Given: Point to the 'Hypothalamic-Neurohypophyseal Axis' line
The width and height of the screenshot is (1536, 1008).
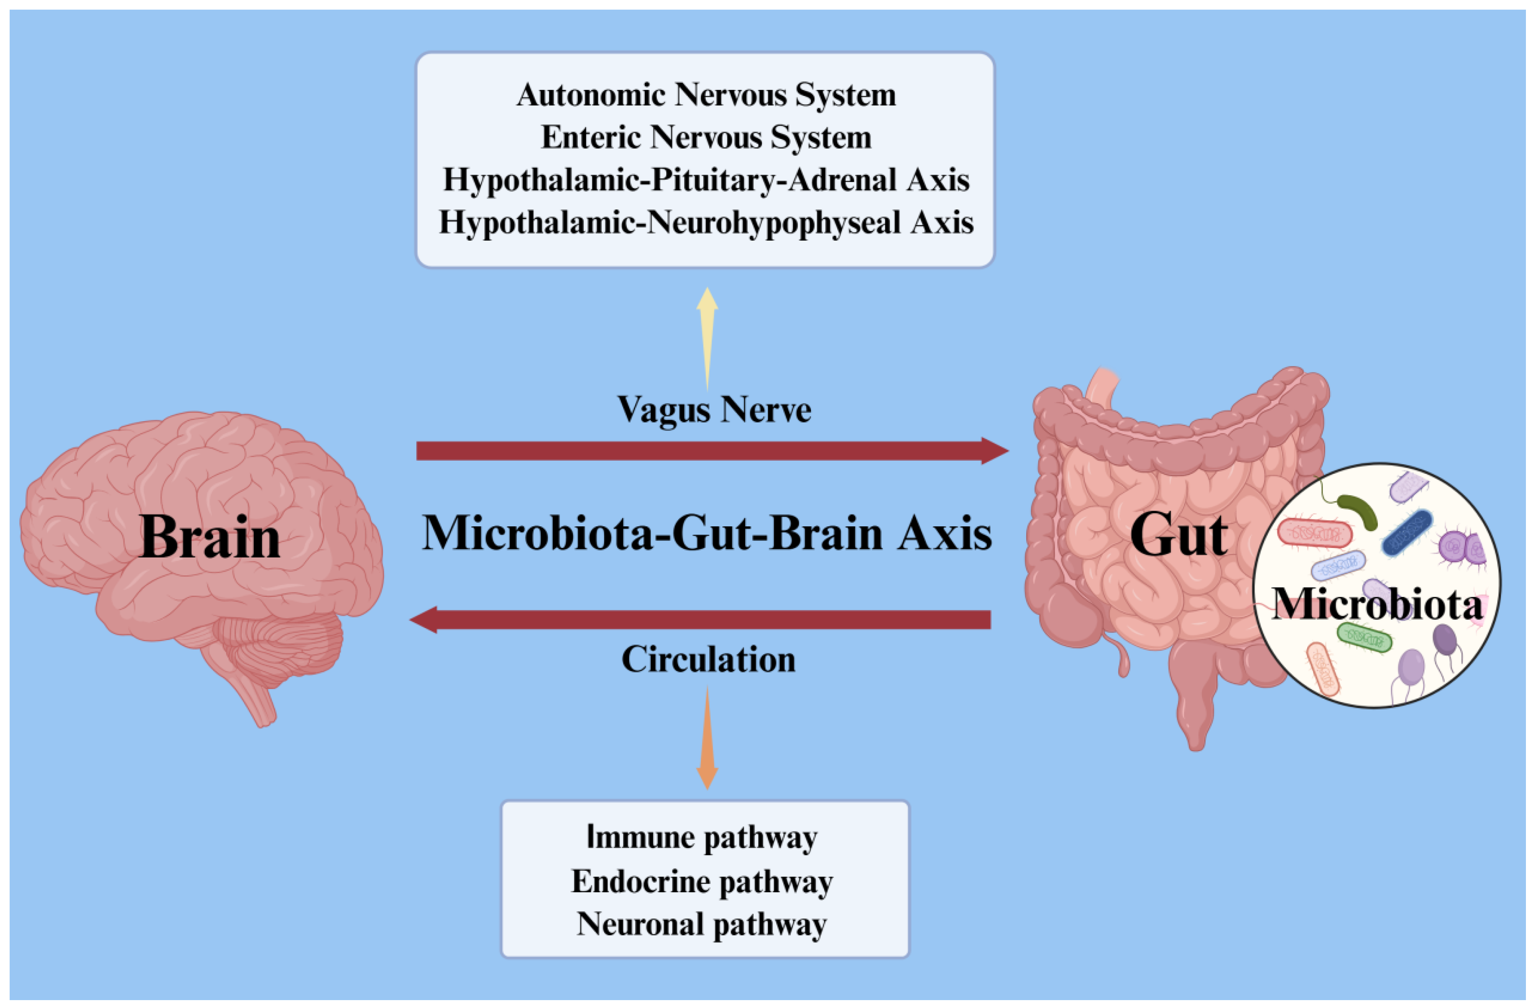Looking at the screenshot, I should point(706,223).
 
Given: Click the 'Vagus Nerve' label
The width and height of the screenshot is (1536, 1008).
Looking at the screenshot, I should point(714,410).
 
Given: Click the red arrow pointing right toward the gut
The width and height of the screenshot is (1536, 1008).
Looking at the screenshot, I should point(710,451).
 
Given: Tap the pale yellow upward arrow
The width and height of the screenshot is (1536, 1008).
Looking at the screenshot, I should point(708,336).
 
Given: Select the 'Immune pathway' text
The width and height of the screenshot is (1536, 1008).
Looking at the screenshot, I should point(702,838).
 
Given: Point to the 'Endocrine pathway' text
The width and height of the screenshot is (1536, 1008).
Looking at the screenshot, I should point(702,881).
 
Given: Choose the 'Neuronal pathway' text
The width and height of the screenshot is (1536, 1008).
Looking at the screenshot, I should point(702,924).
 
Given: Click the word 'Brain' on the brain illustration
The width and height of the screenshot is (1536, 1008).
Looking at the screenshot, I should point(210,537).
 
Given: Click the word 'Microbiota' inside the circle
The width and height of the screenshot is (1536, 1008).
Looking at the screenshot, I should point(1376,605).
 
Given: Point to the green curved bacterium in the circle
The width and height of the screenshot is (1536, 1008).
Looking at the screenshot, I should point(1358,511).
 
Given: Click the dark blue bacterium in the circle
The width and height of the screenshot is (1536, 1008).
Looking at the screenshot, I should point(1407,532).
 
